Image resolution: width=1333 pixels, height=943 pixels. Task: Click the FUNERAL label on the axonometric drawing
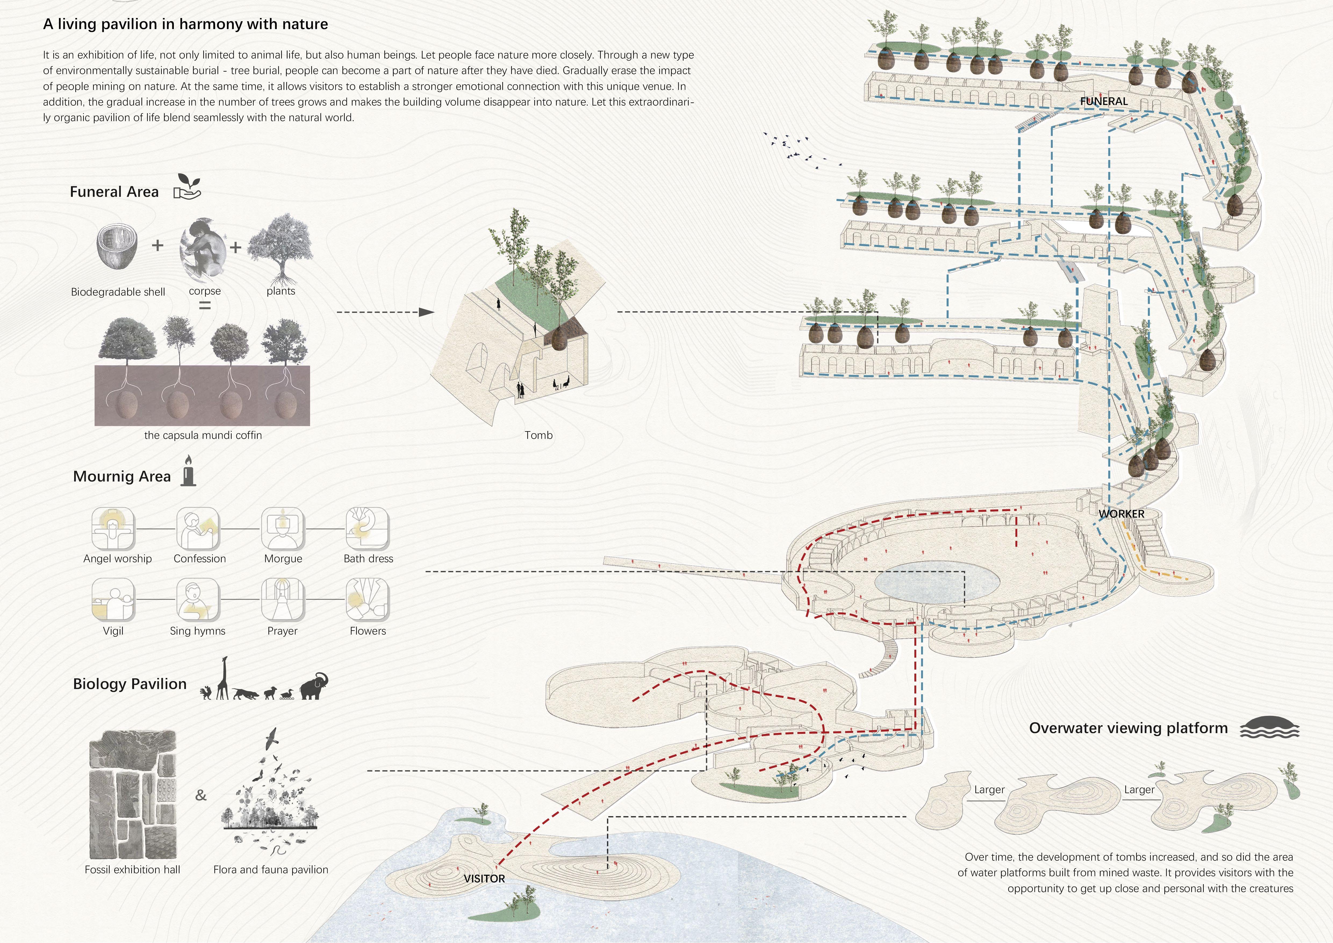[1104, 101]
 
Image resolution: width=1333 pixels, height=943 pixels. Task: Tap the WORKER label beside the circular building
[1121, 514]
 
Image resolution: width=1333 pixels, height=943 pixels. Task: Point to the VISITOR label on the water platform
[484, 878]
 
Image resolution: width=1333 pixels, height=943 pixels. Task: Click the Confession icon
[198, 528]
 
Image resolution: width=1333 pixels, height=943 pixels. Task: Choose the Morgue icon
[283, 528]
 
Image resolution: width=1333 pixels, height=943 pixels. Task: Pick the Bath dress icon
[368, 528]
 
